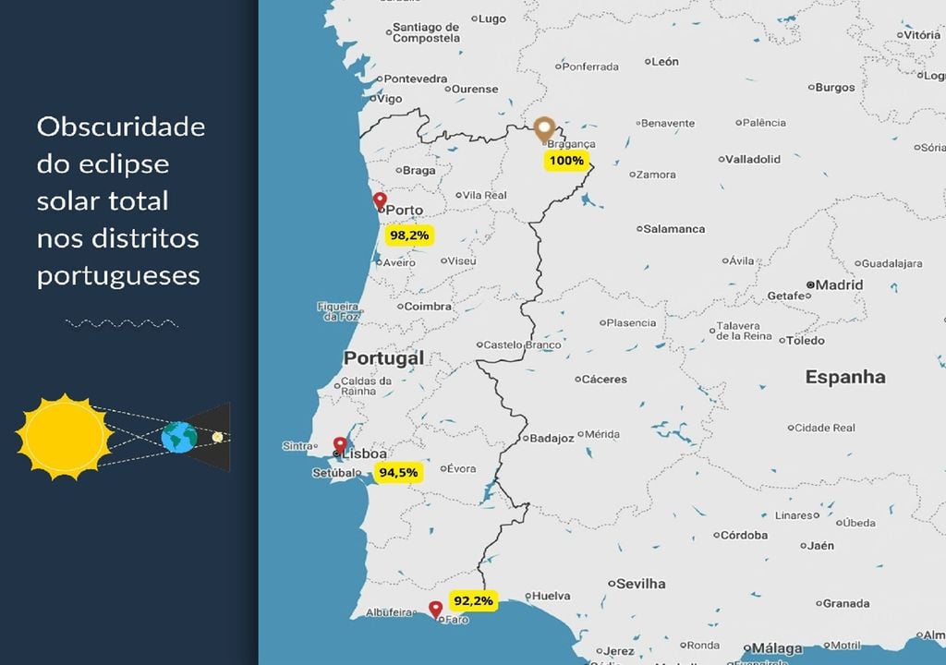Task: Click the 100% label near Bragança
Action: (x=566, y=161)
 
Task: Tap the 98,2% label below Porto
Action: (x=409, y=236)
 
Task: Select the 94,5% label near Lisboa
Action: (x=398, y=473)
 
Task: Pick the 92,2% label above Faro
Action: (x=473, y=601)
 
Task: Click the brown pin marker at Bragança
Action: (x=544, y=129)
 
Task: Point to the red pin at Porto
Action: (x=380, y=201)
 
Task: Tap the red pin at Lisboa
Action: (x=341, y=445)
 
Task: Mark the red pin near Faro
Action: (x=435, y=609)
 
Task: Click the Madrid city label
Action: (x=839, y=284)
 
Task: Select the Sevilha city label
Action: (x=641, y=584)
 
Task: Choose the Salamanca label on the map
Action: (x=673, y=229)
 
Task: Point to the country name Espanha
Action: (x=845, y=377)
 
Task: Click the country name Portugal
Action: (x=384, y=357)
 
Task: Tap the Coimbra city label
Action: (x=429, y=307)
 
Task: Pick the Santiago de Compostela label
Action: (x=426, y=32)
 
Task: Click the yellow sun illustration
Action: (x=63, y=435)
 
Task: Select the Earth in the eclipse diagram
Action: (x=178, y=437)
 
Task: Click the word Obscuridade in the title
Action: (x=121, y=127)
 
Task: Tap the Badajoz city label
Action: (x=552, y=438)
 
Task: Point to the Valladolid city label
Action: (x=752, y=159)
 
